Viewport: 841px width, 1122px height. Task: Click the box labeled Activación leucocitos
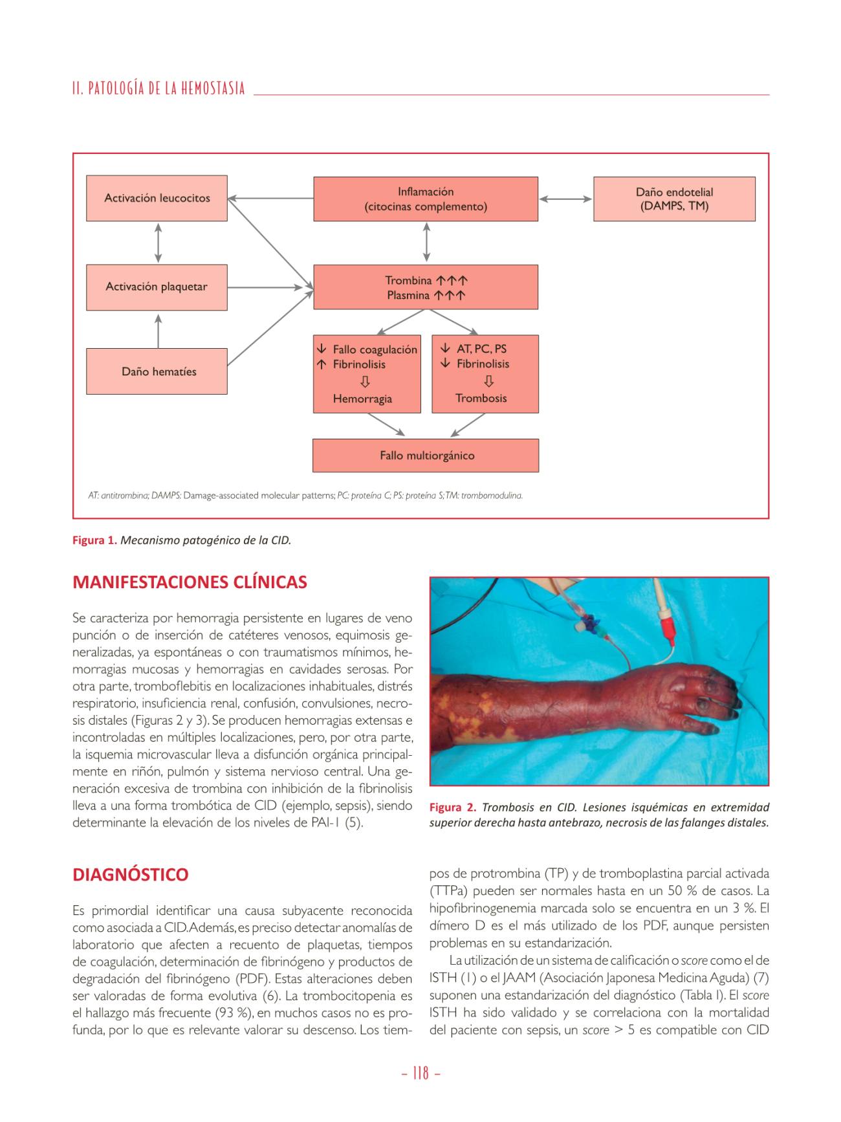[157, 198]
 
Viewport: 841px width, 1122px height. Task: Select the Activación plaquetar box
[157, 287]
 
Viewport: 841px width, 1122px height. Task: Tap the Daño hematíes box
[157, 371]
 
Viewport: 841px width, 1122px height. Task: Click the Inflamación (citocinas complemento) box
[425, 199]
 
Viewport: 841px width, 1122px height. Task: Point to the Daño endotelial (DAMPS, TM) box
[674, 199]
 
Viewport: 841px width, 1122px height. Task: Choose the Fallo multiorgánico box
[426, 456]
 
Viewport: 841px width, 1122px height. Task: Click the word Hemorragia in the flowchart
[362, 399]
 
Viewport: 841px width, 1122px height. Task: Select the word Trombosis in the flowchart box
[481, 398]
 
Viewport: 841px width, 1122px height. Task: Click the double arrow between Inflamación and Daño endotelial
[565, 199]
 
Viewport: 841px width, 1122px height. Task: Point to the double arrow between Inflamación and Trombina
[426, 243]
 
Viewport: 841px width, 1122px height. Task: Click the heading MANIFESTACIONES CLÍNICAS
[190, 582]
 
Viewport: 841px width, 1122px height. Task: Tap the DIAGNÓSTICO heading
[131, 875]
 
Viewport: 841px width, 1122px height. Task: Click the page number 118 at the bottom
[420, 1073]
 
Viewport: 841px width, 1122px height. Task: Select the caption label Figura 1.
[94, 540]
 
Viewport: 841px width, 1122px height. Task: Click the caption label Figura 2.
[452, 808]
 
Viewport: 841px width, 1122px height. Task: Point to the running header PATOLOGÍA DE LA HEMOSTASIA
[159, 89]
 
